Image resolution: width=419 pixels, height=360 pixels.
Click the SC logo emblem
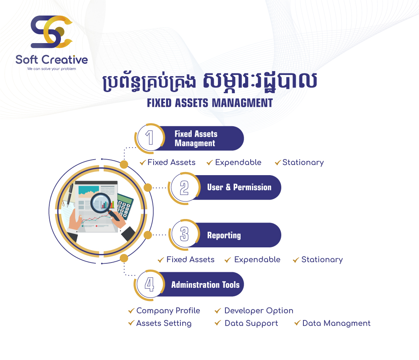pyautogui.click(x=52, y=32)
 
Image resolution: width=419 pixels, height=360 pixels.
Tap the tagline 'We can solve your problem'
pyautogui.click(x=52, y=69)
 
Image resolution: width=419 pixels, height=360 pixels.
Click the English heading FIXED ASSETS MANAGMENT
pyautogui.click(x=210, y=103)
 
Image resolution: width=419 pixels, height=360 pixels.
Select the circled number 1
pyautogui.click(x=149, y=138)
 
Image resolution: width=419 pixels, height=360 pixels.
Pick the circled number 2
pyautogui.click(x=184, y=188)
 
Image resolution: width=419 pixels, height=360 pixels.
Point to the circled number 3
pyautogui.click(x=184, y=234)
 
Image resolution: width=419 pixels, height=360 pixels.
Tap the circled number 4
pyautogui.click(x=149, y=284)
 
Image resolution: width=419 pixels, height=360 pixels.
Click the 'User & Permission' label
pyautogui.click(x=239, y=187)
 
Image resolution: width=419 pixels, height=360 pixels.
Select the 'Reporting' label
pyautogui.click(x=224, y=235)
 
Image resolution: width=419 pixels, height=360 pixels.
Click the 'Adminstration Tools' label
pyautogui.click(x=205, y=285)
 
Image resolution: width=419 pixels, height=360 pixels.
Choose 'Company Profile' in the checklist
pyautogui.click(x=168, y=311)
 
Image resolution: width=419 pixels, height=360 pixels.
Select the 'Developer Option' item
pyautogui.click(x=259, y=311)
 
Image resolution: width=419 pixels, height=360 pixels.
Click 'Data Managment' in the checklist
pyautogui.click(x=336, y=323)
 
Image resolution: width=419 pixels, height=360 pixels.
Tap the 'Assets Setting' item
pyautogui.click(x=164, y=323)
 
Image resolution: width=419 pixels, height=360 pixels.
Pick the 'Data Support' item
pyautogui.click(x=251, y=323)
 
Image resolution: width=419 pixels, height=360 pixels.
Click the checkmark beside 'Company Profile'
pyautogui.click(x=131, y=311)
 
